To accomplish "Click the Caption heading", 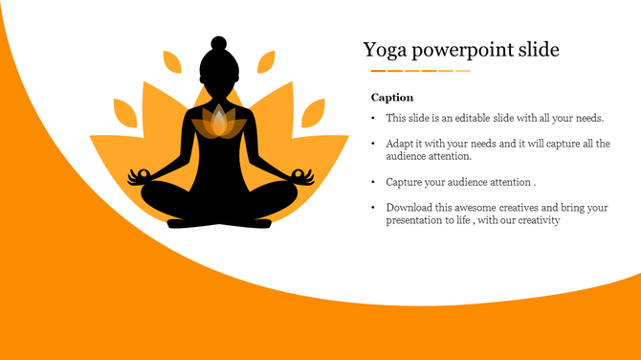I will tap(392, 98).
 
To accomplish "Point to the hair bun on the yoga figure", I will tap(218, 43).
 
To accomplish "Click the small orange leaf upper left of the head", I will tap(172, 63).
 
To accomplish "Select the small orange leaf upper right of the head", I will tap(265, 63).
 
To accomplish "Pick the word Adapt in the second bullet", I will tap(401, 144).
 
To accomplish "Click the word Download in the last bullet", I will tap(409, 207).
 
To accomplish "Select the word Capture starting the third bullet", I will tap(405, 181).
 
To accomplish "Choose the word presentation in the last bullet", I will tap(415, 220).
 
